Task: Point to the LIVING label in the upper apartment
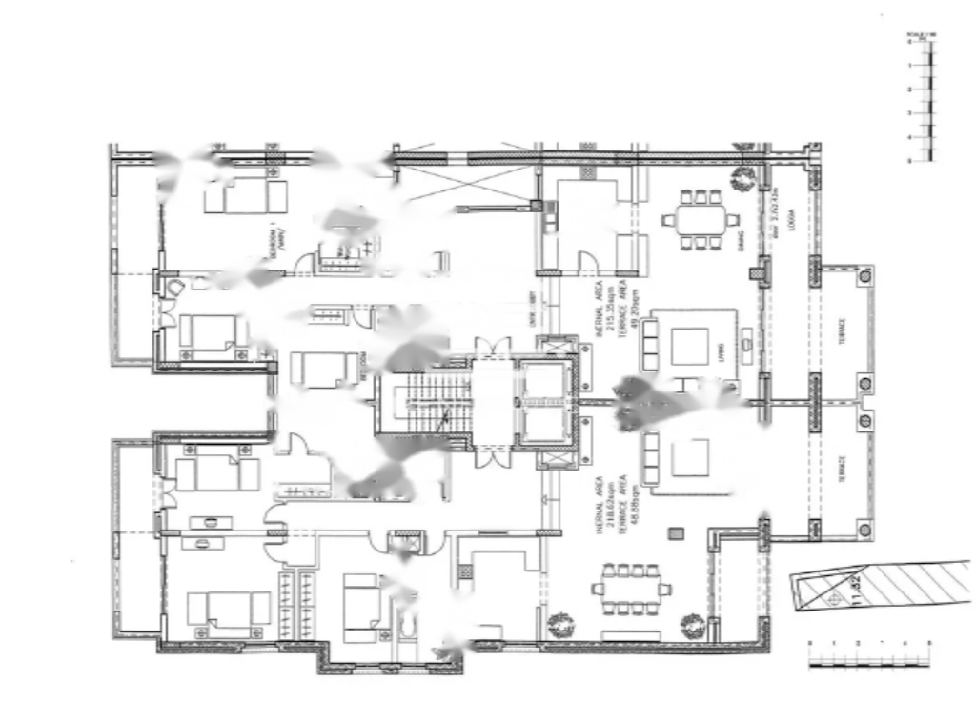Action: coord(722,346)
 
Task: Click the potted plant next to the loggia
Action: coord(741,178)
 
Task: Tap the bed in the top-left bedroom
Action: coord(246,195)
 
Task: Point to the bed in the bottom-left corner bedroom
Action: coord(229,609)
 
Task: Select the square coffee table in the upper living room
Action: coord(689,346)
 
